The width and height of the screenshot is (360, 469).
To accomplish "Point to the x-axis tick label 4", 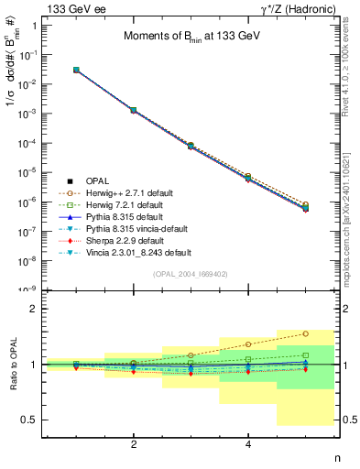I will tap(248, 444).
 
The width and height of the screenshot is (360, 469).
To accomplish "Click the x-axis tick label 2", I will tap(134, 444).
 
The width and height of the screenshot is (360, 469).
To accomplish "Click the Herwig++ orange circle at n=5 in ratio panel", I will tap(305, 333).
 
